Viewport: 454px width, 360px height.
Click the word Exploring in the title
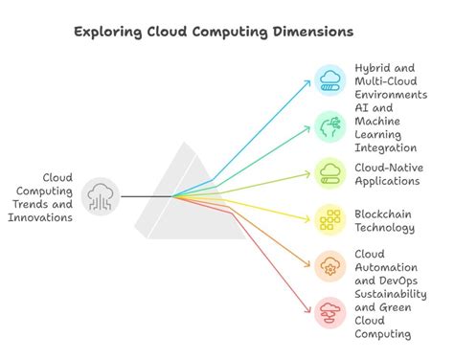point(108,32)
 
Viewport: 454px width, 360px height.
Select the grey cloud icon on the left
point(102,196)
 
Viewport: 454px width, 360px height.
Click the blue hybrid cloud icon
point(330,79)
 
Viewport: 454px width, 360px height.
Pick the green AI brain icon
point(330,126)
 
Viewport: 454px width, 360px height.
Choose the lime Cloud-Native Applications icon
point(330,173)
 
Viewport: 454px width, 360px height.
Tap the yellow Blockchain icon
point(330,220)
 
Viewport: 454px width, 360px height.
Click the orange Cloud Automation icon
point(330,266)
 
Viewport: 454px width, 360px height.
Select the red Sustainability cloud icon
point(330,313)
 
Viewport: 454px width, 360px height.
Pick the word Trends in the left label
point(46,204)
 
